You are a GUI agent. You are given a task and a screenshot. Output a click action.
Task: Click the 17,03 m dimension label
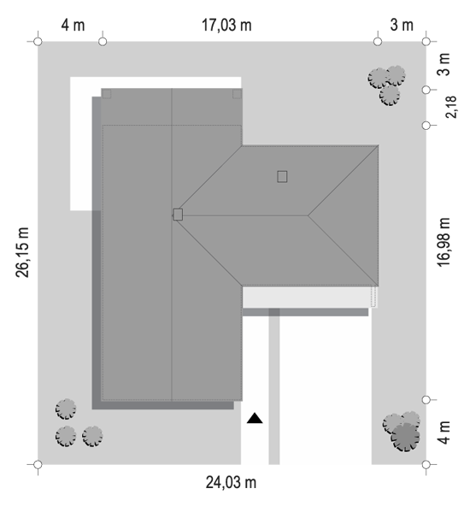click(x=226, y=25)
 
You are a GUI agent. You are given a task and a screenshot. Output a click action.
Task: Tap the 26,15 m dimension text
click(x=22, y=252)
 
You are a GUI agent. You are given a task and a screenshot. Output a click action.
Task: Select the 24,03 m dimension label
click(x=231, y=483)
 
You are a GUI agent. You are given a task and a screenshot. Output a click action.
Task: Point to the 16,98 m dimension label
click(x=444, y=243)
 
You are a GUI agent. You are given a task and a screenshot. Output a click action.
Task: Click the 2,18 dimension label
click(x=451, y=107)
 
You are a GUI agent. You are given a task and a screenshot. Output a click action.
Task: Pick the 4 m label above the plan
click(x=73, y=25)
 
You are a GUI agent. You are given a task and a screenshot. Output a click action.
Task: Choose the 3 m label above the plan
click(x=402, y=25)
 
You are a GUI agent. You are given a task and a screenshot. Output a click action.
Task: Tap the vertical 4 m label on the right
click(x=444, y=432)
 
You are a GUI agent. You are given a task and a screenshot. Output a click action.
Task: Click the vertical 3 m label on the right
click(x=444, y=64)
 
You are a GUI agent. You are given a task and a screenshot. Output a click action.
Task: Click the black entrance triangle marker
click(x=255, y=418)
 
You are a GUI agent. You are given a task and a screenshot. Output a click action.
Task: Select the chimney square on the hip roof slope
click(x=282, y=177)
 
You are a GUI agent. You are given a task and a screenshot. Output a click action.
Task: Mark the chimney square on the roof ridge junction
click(x=178, y=215)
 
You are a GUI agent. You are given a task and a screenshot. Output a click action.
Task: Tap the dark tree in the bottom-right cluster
click(x=406, y=438)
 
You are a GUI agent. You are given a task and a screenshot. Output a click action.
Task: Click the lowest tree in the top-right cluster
click(x=390, y=95)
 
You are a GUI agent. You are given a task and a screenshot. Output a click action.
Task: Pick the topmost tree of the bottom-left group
click(x=66, y=409)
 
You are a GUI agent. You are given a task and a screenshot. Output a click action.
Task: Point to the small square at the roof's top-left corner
click(x=107, y=94)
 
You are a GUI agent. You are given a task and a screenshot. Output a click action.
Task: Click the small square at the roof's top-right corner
click(x=237, y=94)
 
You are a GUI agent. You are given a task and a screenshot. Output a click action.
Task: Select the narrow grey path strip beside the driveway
click(x=274, y=386)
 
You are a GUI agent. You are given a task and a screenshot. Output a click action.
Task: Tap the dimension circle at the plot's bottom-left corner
click(x=38, y=465)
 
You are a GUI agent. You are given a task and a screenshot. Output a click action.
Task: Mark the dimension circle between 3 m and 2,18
click(x=426, y=90)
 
